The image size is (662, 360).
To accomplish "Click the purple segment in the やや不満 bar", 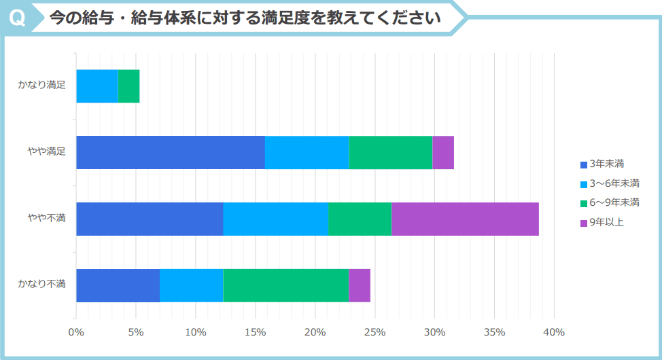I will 465,219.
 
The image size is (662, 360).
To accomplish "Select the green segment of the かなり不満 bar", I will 285,285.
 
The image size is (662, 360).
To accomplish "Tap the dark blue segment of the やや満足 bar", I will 170,152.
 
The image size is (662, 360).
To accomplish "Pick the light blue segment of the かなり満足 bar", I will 97,86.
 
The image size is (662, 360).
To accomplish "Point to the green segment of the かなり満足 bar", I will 128,86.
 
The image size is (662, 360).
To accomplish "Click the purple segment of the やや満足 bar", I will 442,152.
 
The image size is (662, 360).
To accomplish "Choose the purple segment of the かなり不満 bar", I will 360,285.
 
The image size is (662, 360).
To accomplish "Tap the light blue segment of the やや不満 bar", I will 275,219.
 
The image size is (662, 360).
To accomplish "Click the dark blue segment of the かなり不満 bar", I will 118,285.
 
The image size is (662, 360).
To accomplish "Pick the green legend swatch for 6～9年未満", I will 584,203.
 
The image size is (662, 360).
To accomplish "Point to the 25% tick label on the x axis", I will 374,332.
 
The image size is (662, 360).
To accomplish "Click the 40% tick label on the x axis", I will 554,332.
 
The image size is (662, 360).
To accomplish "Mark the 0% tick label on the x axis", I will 76,332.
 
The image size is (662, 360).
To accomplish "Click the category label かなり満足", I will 41,86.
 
